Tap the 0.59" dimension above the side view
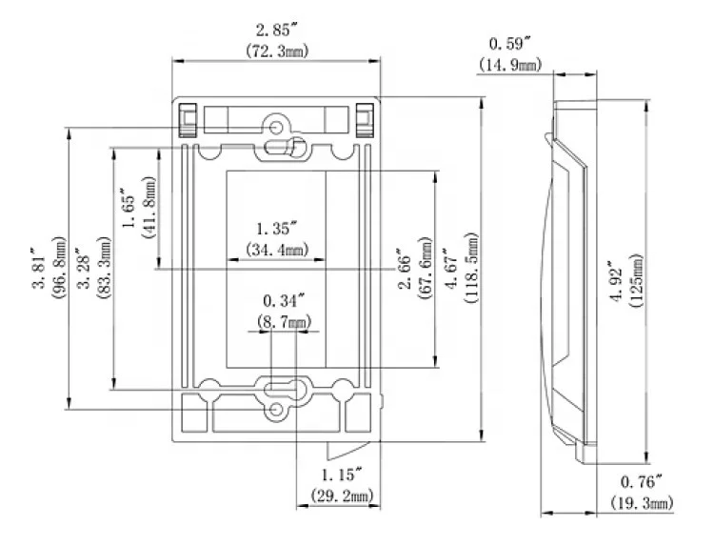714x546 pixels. click(508, 44)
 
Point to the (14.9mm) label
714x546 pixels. click(508, 64)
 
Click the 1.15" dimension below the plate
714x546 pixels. click(341, 474)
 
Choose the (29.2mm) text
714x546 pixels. click(341, 495)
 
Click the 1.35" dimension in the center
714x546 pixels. click(277, 229)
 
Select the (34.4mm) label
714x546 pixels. click(277, 250)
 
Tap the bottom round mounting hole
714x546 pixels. click(278, 409)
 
